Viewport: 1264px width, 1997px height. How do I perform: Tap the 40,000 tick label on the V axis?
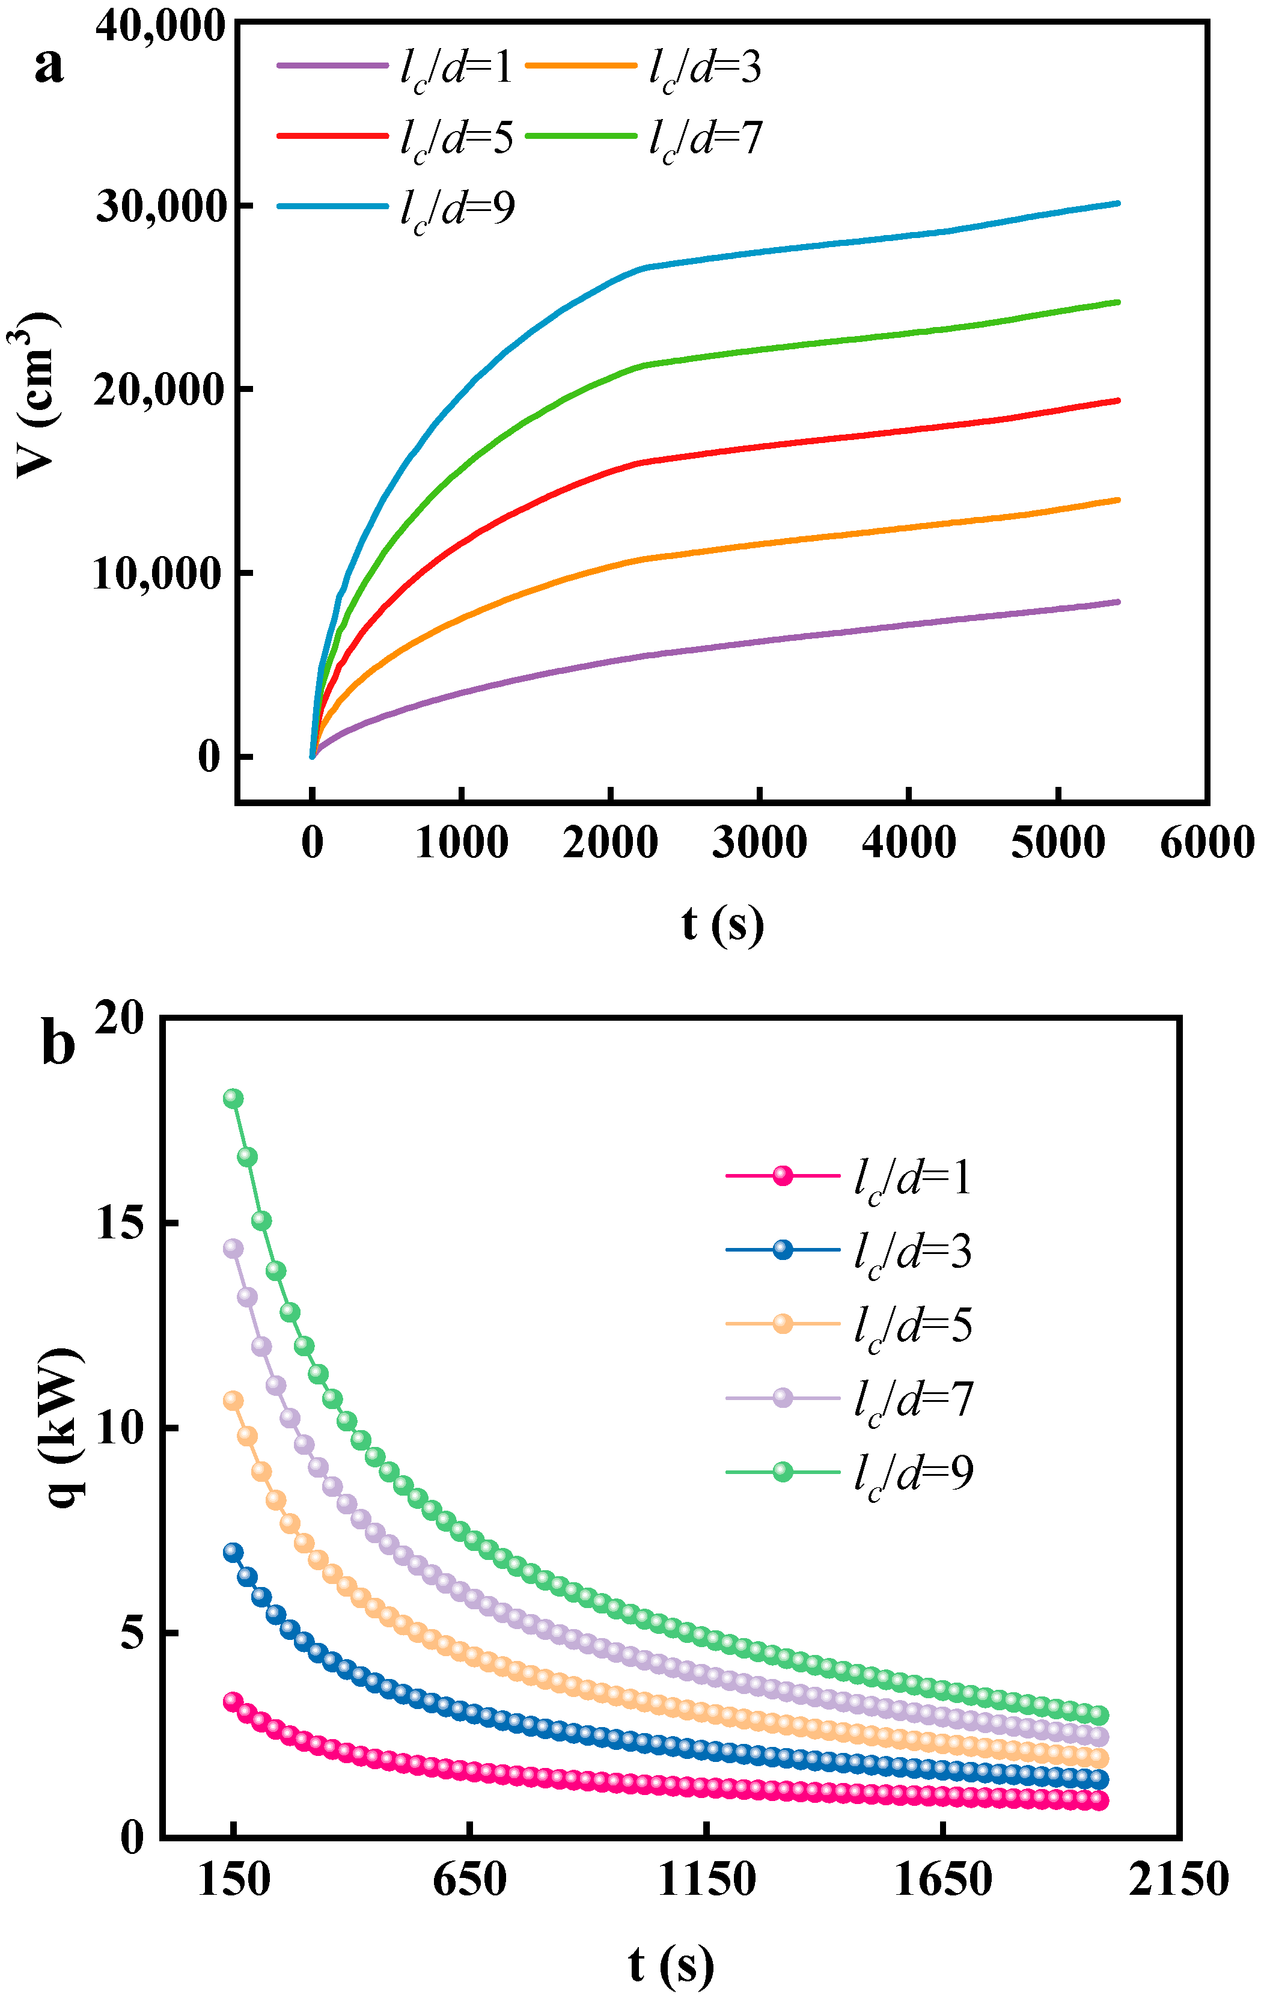click(x=160, y=26)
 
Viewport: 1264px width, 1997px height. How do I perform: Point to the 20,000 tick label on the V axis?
click(x=160, y=390)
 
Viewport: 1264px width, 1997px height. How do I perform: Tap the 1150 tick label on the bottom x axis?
click(x=707, y=1879)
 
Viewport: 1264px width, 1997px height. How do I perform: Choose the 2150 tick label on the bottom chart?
click(x=1177, y=1879)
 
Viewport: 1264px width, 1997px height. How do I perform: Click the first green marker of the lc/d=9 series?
click(x=233, y=1098)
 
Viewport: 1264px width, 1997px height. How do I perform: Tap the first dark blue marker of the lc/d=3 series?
click(x=233, y=1552)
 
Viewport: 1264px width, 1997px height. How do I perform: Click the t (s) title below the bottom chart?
click(x=670, y=1966)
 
